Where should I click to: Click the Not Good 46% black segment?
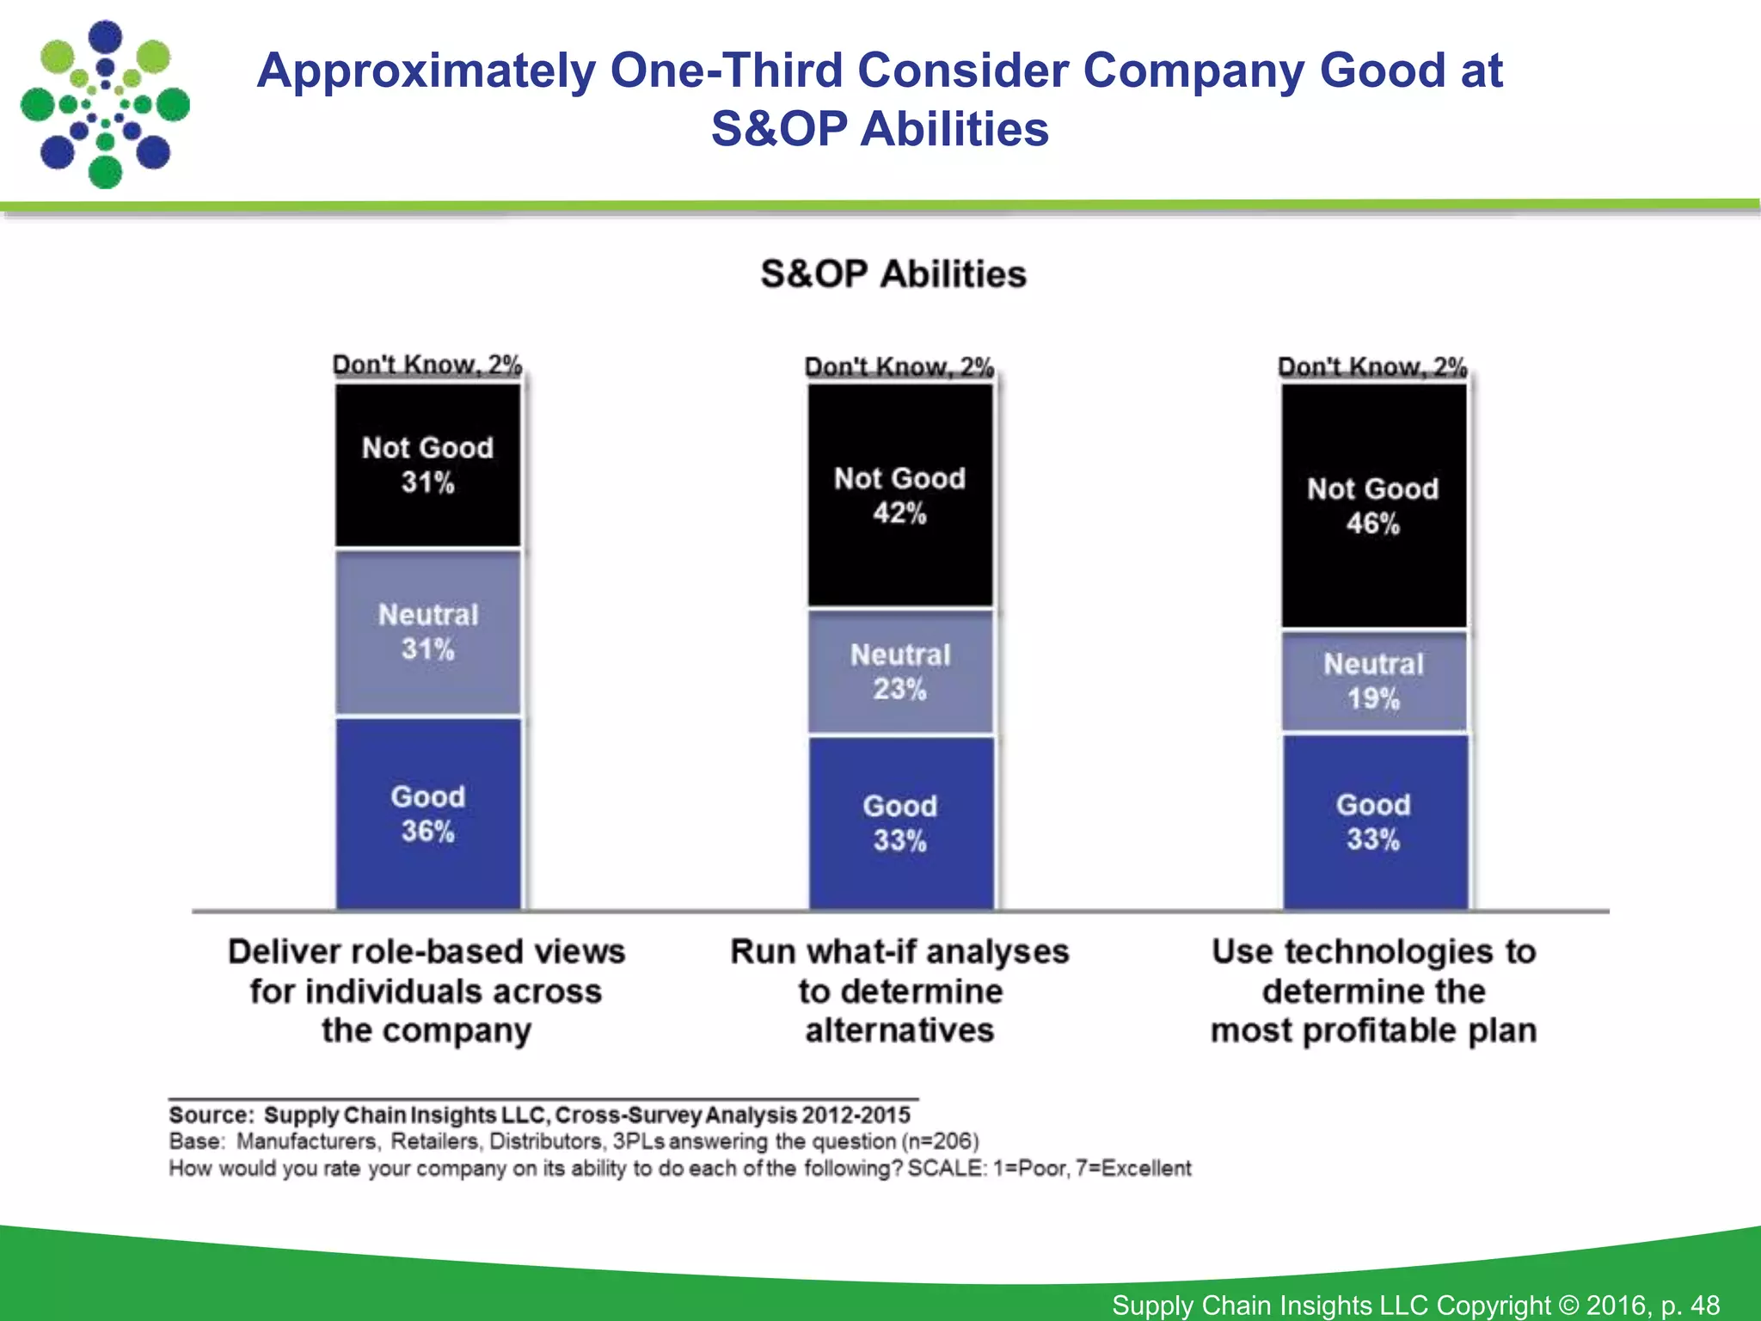click(1373, 506)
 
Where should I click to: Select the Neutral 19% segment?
click(1373, 681)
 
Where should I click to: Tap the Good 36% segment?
click(427, 814)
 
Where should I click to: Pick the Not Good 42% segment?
click(899, 495)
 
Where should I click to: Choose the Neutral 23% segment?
click(899, 672)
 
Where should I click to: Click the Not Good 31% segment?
click(427, 464)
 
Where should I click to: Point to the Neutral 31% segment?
click(427, 632)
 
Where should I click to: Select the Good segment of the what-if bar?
click(899, 823)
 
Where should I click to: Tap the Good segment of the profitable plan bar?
click(1373, 822)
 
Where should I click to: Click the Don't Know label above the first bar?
click(427, 365)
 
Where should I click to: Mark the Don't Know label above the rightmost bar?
click(1372, 367)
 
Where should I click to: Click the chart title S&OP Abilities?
click(893, 274)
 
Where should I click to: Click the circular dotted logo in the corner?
click(105, 105)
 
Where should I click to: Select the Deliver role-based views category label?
click(426, 991)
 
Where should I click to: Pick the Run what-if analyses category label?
click(899, 991)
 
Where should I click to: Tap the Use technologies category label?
click(1373, 991)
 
